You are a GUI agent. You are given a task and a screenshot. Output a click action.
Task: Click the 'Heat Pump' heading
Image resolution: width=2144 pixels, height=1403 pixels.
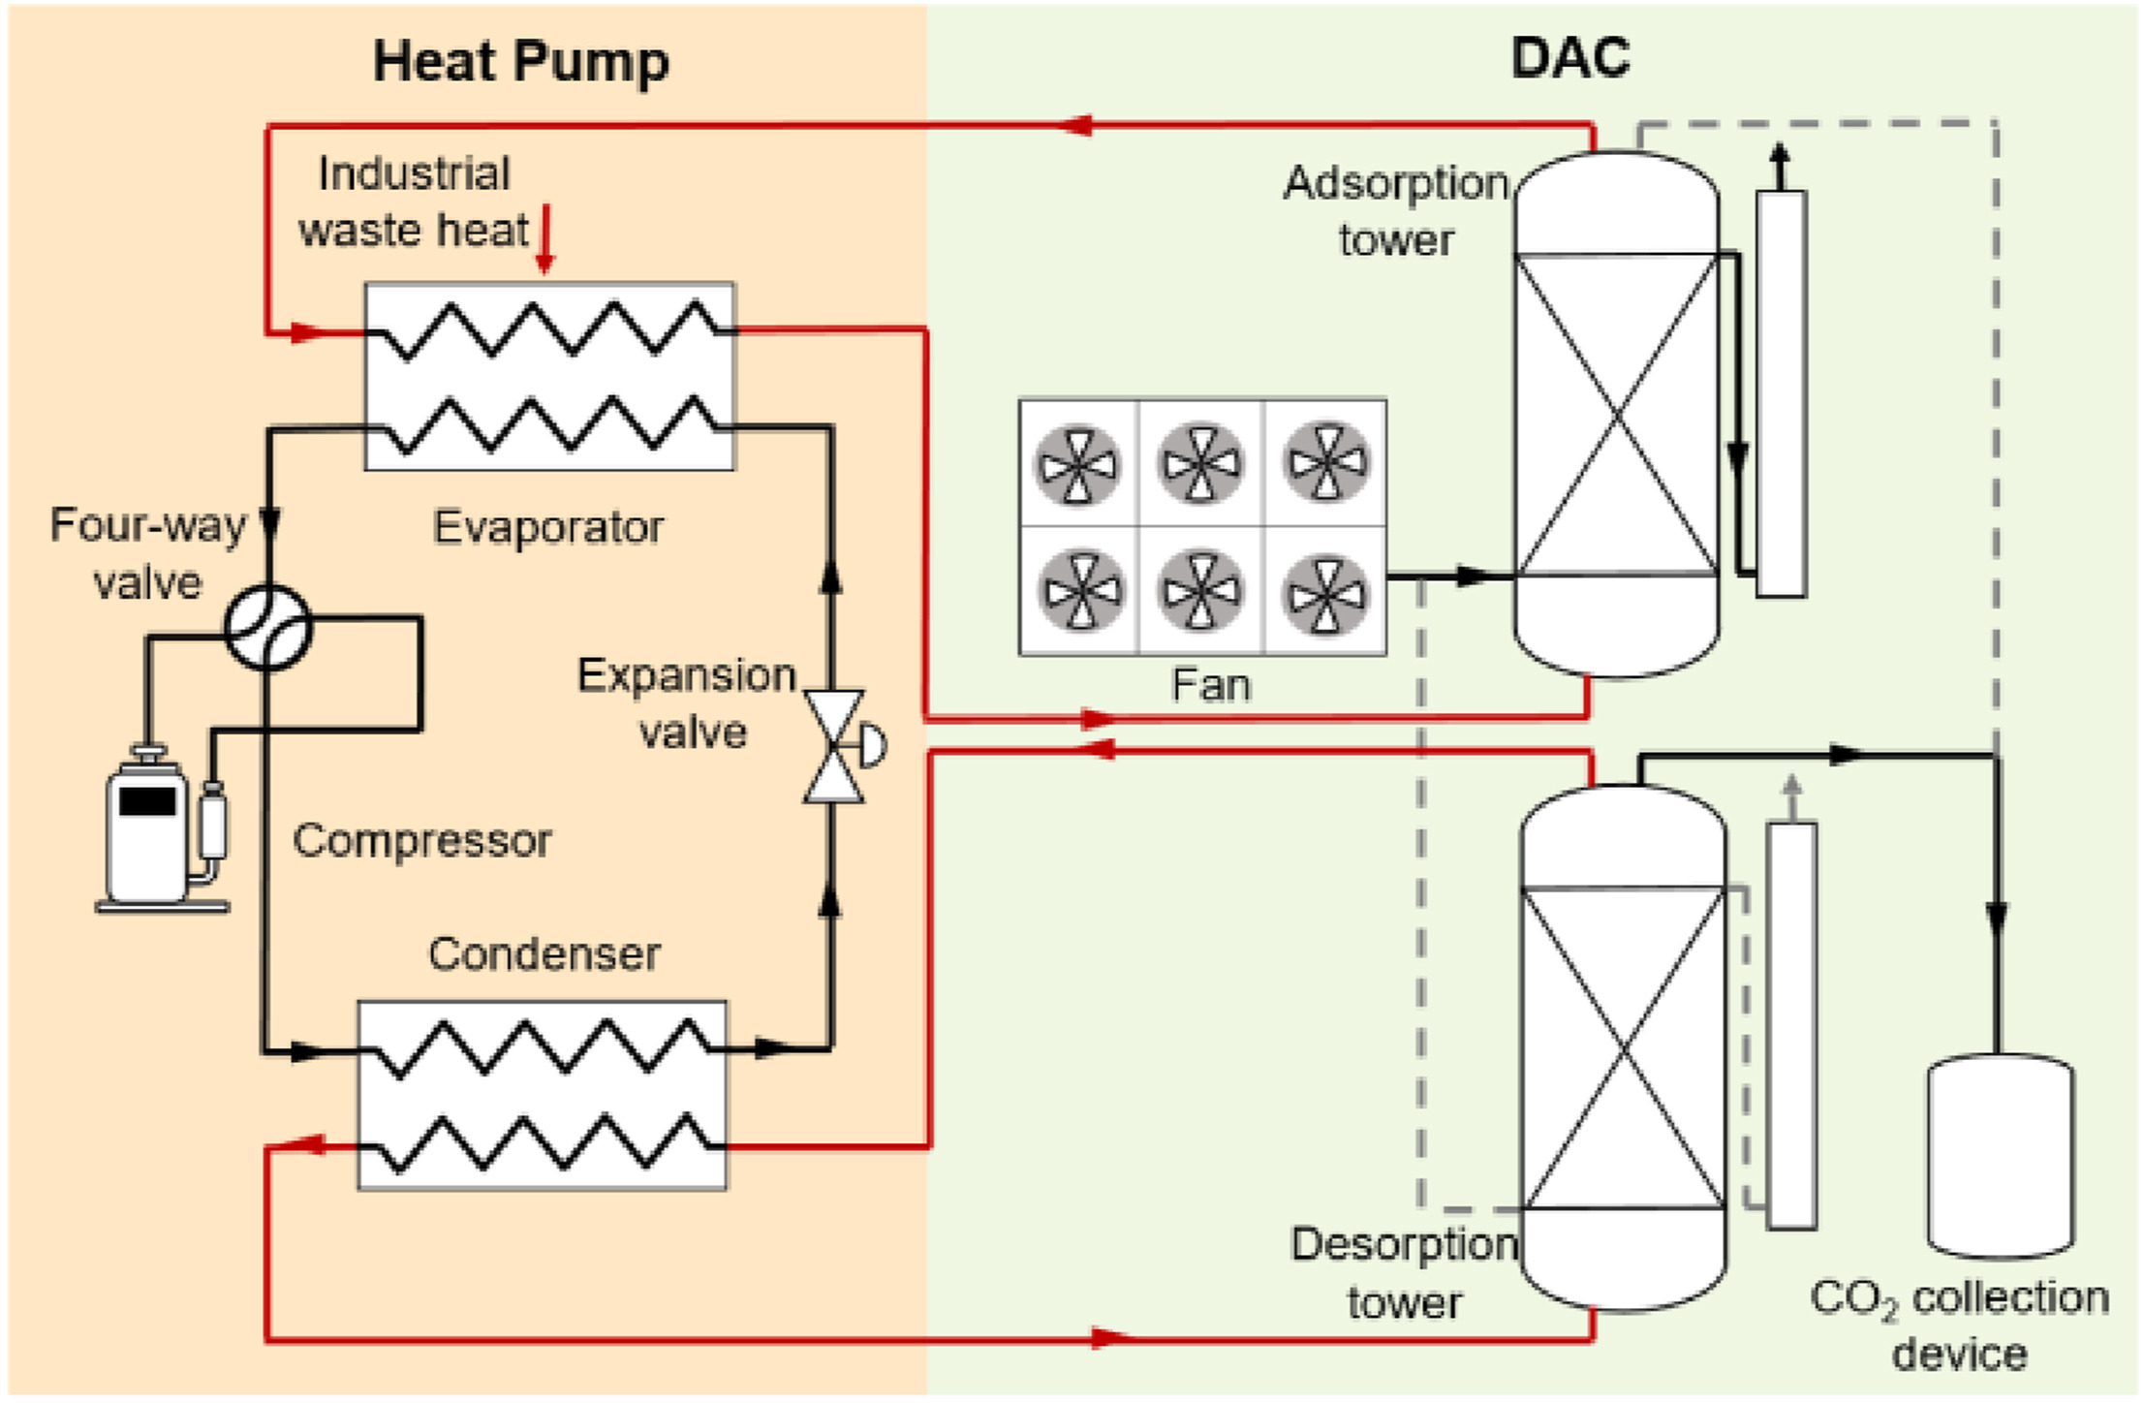click(x=520, y=62)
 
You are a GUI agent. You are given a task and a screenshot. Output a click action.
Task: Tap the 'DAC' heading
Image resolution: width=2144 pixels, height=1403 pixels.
click(x=1569, y=58)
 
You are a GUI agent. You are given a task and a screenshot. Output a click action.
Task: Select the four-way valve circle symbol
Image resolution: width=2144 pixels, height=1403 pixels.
click(x=267, y=628)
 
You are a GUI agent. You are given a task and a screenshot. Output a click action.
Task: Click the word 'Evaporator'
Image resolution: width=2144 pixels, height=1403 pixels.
click(x=548, y=528)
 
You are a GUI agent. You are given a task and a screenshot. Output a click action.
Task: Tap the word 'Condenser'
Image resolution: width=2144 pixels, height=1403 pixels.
click(x=544, y=954)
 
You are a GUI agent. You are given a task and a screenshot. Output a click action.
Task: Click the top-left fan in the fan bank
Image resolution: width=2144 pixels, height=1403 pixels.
click(x=1077, y=464)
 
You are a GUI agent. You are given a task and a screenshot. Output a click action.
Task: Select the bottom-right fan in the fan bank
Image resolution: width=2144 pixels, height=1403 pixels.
click(x=1325, y=592)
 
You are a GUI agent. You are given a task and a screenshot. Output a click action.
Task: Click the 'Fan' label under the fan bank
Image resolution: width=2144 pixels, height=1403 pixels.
click(x=1210, y=685)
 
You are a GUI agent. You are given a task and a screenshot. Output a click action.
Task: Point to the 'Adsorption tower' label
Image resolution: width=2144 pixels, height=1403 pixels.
click(x=1396, y=211)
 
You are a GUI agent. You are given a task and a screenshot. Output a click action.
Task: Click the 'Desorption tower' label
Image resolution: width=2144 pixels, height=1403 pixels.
click(x=1404, y=1273)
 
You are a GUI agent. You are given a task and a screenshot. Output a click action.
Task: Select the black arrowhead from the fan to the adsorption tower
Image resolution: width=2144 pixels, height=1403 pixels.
click(x=1473, y=577)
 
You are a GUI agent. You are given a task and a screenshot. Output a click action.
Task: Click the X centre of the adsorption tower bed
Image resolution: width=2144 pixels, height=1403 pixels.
click(x=1616, y=415)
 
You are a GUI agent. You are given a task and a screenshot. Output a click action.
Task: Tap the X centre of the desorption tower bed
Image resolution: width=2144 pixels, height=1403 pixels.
click(x=1624, y=1047)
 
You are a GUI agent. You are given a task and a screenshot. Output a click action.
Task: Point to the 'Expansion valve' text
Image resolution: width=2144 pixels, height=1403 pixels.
click(x=688, y=703)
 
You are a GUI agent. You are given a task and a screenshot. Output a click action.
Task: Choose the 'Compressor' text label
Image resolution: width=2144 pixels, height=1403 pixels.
click(x=422, y=840)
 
